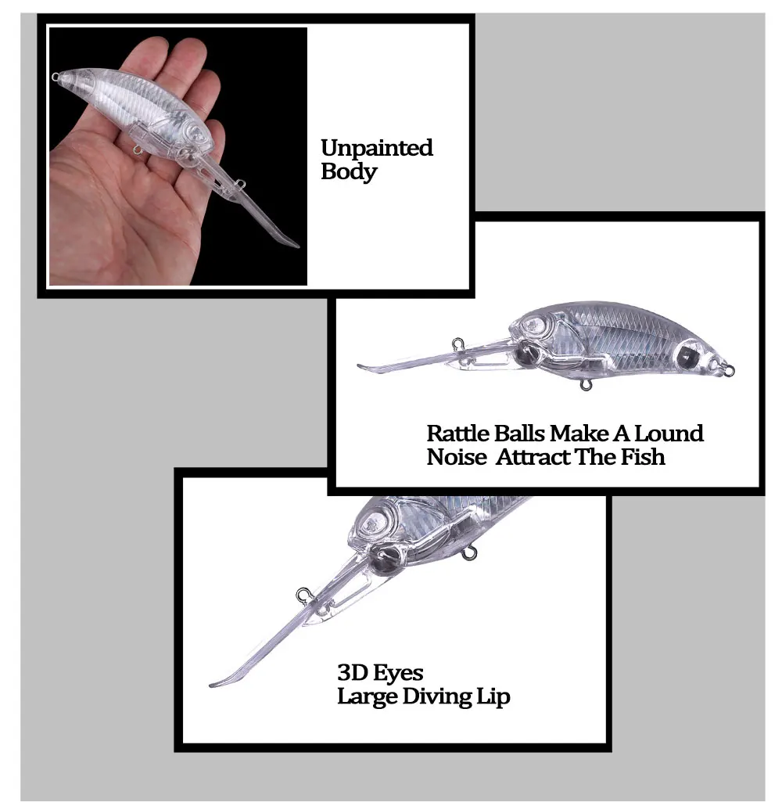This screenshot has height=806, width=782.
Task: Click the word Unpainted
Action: [377, 148]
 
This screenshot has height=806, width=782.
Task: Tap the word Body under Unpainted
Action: [349, 171]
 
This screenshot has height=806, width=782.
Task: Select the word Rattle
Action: [457, 434]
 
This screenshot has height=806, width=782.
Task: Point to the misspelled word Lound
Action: [669, 434]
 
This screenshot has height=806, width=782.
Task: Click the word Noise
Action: [457, 457]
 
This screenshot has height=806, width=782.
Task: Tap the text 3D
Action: [351, 673]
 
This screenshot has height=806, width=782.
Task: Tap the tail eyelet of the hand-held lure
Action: [55, 77]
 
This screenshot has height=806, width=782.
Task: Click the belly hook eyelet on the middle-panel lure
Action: [585, 384]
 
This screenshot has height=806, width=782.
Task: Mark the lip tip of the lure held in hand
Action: [297, 246]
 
